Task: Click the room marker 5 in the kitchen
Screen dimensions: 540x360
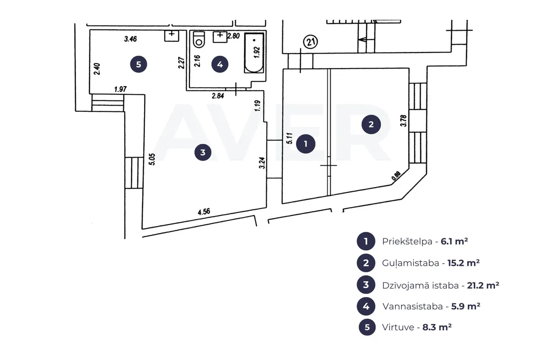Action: click(138, 64)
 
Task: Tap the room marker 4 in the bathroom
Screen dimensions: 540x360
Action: click(220, 64)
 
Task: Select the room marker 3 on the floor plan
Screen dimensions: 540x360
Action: click(203, 152)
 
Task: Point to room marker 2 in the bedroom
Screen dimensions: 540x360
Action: click(371, 125)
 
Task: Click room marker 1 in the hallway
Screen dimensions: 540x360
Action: click(306, 144)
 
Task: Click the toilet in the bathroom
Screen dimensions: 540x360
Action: click(199, 39)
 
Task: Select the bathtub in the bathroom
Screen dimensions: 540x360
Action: click(254, 53)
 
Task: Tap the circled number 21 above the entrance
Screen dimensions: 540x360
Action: click(310, 42)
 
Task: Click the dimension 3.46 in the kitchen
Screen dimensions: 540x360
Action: click(131, 39)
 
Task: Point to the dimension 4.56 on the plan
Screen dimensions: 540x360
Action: click(204, 212)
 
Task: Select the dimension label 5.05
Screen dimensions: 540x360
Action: click(152, 159)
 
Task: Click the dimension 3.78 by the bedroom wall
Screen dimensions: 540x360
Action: click(403, 121)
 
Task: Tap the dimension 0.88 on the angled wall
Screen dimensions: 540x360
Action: click(396, 176)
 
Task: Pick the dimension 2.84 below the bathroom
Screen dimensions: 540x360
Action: click(218, 96)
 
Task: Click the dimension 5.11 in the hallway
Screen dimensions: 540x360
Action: click(289, 138)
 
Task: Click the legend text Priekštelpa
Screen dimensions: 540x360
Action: click(407, 242)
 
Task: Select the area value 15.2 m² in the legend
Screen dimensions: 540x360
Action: click(464, 263)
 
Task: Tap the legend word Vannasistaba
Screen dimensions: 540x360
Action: click(413, 306)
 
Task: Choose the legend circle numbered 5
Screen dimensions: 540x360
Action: click(367, 327)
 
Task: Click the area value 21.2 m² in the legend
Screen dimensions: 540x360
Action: click(483, 285)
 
